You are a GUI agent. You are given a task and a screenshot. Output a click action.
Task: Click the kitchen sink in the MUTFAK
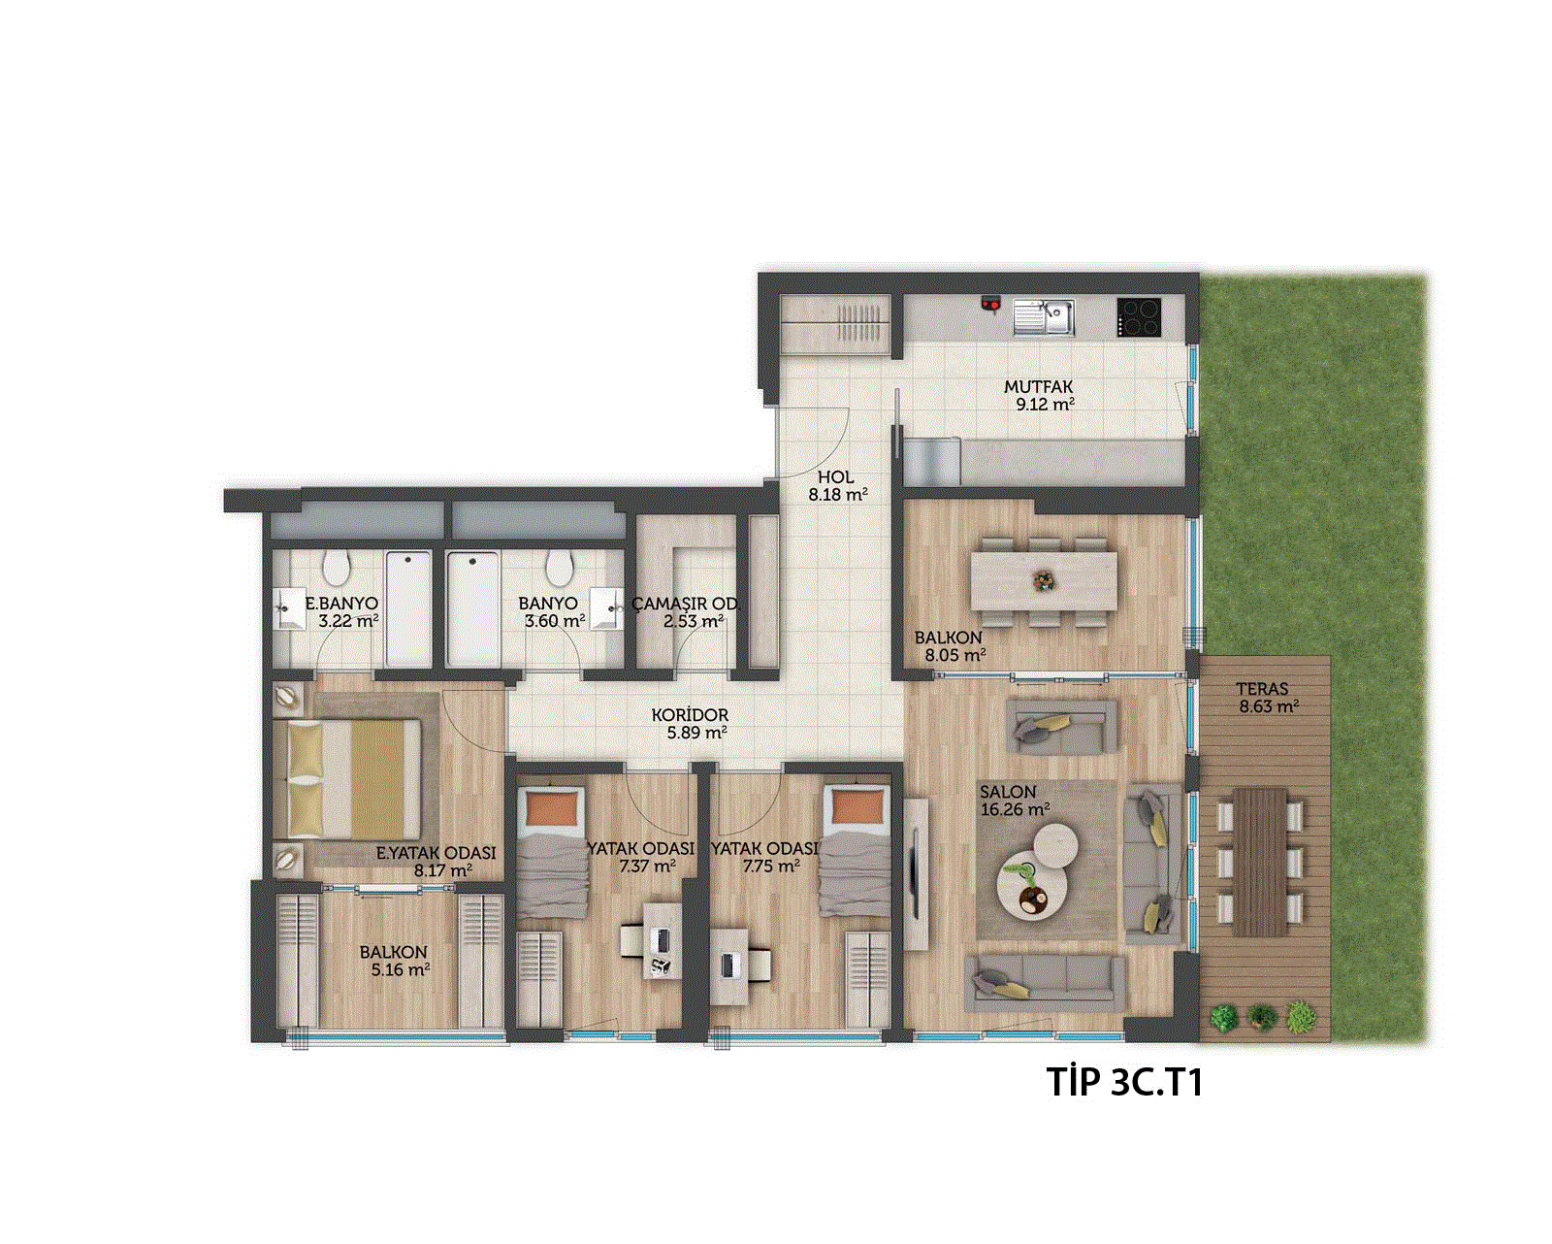tap(1044, 317)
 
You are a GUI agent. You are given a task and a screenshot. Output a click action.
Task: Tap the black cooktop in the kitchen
tap(1140, 317)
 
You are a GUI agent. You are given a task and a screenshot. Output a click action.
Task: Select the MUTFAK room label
tap(1039, 387)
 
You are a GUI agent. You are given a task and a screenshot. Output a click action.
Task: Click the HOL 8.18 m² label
tap(837, 485)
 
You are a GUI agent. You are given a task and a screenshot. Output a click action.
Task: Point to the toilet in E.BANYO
tap(336, 569)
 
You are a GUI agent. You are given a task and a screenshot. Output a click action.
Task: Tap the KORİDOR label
tap(690, 715)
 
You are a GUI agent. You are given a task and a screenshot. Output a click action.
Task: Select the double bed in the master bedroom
tap(354, 779)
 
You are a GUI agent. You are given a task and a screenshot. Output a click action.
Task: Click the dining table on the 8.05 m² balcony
tap(1044, 581)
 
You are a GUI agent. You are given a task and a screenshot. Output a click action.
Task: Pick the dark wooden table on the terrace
tap(1261, 862)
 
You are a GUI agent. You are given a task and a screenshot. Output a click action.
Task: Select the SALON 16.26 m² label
tap(1015, 801)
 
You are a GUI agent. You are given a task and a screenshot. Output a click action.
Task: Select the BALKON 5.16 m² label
tap(400, 962)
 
